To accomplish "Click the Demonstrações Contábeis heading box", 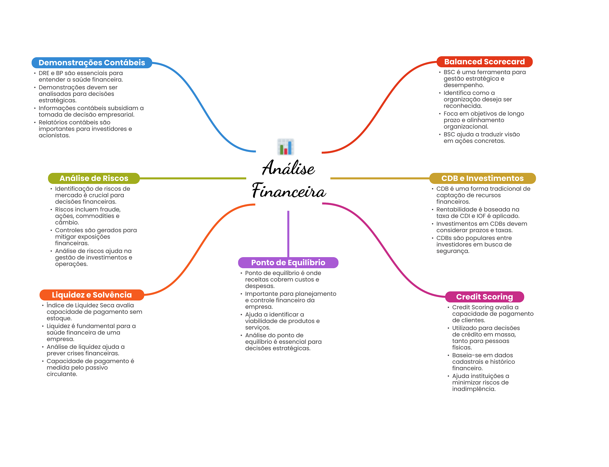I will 92,63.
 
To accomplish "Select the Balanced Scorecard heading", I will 484,62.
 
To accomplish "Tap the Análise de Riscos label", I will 94,178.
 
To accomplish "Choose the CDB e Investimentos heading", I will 482,178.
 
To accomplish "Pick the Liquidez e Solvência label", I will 92,295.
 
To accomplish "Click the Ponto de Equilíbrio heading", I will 288,263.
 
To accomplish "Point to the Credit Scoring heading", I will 484,297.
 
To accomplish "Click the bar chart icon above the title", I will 285,147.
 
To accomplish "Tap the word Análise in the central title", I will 288,168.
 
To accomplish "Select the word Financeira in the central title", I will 289,191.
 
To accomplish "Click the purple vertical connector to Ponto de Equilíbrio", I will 288,234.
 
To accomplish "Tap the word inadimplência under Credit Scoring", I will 473,389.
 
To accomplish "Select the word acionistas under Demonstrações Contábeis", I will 54,135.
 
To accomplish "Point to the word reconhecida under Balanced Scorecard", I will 462,106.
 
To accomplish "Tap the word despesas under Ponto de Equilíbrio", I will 259,286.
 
